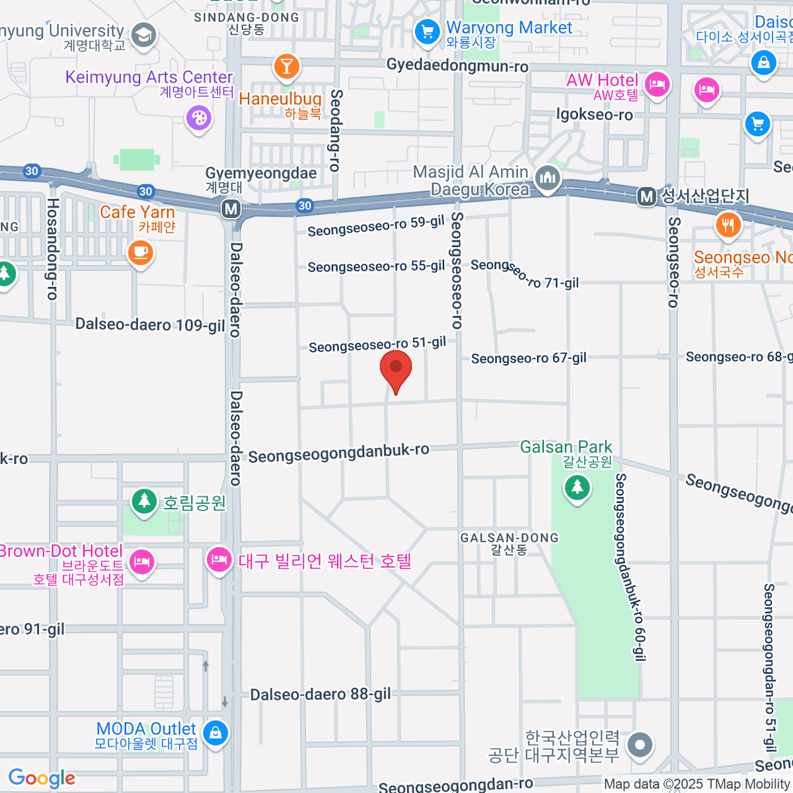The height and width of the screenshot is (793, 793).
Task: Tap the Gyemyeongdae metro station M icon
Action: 231,209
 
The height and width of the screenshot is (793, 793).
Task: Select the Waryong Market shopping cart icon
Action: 427,31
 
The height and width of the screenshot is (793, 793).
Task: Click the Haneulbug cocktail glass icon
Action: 286,67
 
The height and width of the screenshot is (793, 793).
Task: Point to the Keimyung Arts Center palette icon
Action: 198,119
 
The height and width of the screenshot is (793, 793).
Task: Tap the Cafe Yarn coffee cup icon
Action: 140,252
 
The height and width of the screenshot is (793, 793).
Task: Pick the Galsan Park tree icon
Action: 577,487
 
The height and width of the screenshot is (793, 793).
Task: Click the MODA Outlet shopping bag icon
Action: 215,732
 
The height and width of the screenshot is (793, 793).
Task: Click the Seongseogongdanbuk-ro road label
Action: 338,454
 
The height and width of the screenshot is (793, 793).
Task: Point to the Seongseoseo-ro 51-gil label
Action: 377,344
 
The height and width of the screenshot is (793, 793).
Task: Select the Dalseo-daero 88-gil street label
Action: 320,695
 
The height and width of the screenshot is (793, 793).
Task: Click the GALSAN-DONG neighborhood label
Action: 509,538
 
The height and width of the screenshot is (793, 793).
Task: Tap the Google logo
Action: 42,778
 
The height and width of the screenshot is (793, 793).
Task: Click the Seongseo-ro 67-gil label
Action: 529,358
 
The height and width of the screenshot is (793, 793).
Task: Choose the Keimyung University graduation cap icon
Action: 143,36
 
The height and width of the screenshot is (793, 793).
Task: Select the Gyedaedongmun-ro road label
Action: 457,66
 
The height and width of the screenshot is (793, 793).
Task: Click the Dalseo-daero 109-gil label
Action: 150,324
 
